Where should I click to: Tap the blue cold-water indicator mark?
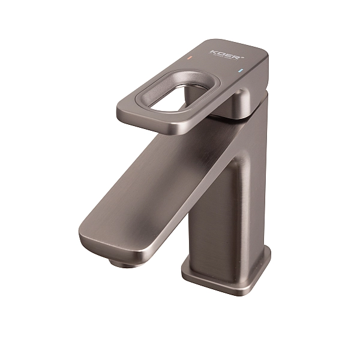(240, 71)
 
